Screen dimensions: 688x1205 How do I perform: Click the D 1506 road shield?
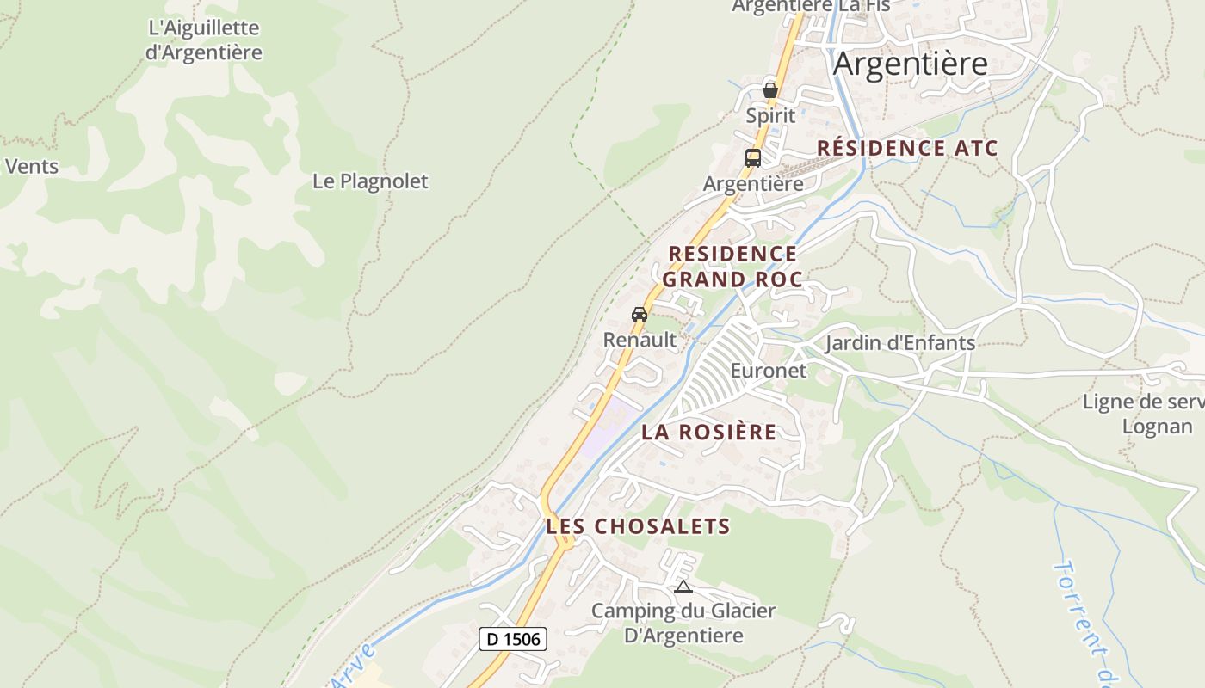pyautogui.click(x=513, y=639)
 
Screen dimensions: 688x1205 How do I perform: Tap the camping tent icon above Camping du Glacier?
pyautogui.click(x=683, y=587)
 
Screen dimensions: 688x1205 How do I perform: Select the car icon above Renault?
pyautogui.click(x=640, y=315)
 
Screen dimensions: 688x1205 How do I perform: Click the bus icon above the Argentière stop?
pyautogui.click(x=753, y=157)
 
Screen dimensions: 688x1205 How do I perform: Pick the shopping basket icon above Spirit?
pyautogui.click(x=770, y=89)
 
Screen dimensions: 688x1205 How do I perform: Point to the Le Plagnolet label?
pyautogui.click(x=370, y=181)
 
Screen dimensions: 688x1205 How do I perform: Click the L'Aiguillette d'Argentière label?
pyautogui.click(x=204, y=40)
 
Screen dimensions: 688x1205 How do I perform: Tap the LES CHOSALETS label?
pyautogui.click(x=638, y=526)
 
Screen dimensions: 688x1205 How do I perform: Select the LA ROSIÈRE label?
pyautogui.click(x=708, y=432)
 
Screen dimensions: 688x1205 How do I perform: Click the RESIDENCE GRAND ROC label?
pyautogui.click(x=732, y=267)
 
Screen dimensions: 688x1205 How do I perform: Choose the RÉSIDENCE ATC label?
pyautogui.click(x=907, y=148)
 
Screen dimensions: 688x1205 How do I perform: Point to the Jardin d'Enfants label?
pyautogui.click(x=900, y=343)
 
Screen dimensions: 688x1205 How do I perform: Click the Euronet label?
pyautogui.click(x=769, y=371)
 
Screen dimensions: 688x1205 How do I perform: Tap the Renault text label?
pyautogui.click(x=640, y=340)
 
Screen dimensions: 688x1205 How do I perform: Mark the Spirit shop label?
pyautogui.click(x=770, y=115)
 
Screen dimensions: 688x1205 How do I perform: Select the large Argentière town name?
pyautogui.click(x=911, y=64)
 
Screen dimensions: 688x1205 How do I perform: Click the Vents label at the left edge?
pyautogui.click(x=32, y=166)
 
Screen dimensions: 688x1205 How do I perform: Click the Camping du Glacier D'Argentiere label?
pyautogui.click(x=683, y=623)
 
